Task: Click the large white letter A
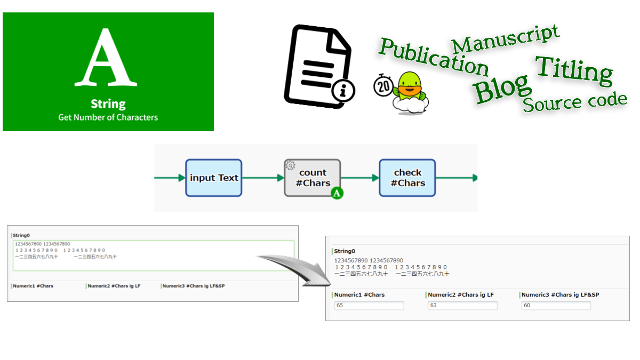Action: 107,58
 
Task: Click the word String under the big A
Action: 108,103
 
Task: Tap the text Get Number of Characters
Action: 108,117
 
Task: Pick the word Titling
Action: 574,70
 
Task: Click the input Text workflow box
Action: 214,178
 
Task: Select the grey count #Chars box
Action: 313,178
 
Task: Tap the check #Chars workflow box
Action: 407,178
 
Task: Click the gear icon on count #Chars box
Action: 290,165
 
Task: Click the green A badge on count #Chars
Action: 337,193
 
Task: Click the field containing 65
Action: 369,306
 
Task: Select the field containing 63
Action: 462,306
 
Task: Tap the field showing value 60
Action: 556,306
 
